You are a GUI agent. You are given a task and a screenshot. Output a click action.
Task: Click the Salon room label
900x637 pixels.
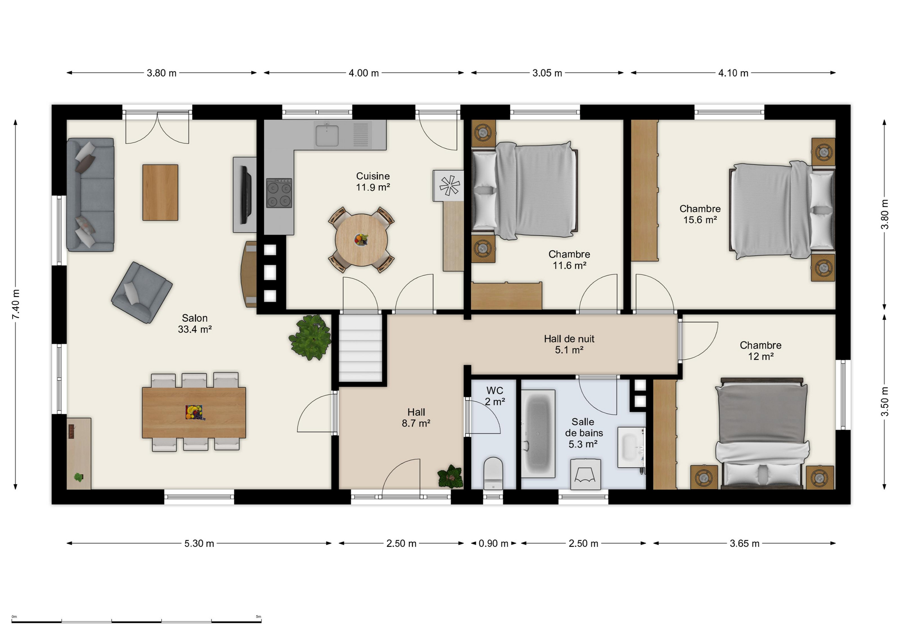coord(195,318)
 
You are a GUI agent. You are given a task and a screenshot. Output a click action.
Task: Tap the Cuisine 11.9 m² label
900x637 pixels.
coord(373,182)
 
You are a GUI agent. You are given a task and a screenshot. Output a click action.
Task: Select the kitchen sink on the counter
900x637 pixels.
coord(327,134)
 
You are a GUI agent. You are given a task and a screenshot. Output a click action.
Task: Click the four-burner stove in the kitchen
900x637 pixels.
coord(279,193)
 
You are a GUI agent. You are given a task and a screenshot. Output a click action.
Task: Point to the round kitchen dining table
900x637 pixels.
coord(361,240)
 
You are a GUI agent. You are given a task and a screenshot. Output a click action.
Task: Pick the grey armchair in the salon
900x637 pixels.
coord(142,293)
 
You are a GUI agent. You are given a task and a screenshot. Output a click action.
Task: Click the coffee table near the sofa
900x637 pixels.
coord(160,192)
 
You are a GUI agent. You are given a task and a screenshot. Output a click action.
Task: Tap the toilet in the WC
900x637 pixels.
coord(493,473)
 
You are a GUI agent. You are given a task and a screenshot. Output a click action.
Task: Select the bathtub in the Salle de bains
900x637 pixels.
coord(538,433)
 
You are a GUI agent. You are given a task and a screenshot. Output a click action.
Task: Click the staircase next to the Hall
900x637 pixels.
coord(360,348)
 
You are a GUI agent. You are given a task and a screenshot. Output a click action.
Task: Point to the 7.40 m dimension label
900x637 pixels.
coord(16,304)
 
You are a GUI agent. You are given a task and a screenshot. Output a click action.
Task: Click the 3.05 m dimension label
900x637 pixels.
coord(547,73)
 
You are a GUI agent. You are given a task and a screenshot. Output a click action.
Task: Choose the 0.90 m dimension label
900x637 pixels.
coord(494,544)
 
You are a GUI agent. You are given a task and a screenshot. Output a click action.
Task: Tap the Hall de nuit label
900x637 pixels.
coord(569,339)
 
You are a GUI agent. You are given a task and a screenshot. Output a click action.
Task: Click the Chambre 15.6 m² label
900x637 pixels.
coord(700,214)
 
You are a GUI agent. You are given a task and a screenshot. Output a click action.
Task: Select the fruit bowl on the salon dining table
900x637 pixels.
coord(194,412)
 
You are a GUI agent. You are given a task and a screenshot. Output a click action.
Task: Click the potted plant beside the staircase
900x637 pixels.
coord(310,337)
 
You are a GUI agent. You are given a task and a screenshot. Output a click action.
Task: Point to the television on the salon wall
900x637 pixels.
coord(246,195)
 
